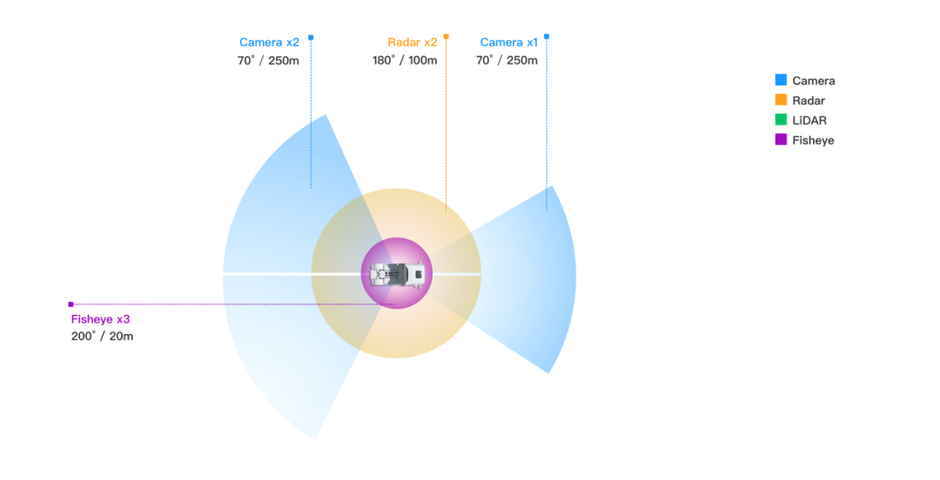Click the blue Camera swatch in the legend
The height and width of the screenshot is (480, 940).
pos(781,80)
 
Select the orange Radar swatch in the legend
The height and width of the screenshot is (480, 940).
pos(781,100)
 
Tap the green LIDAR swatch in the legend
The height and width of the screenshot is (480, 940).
pos(781,120)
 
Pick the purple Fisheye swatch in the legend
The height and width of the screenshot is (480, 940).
pos(781,139)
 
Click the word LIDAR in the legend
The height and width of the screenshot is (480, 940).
pos(809,120)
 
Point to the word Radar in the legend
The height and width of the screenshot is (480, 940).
pos(809,100)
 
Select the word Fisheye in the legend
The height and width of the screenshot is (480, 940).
pos(813,140)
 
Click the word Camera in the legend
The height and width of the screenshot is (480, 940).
pos(814,80)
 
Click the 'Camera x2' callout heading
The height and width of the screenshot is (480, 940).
pos(269,42)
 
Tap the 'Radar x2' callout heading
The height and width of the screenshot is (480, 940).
pos(413,42)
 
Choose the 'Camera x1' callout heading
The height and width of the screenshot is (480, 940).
pos(508,42)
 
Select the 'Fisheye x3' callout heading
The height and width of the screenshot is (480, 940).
pos(100,319)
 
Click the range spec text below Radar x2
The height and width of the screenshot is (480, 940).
pos(405,61)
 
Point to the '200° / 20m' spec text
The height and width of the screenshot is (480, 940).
pos(102,336)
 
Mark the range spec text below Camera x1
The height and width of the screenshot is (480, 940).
pos(507,61)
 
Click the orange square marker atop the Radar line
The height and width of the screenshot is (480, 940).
pos(446,37)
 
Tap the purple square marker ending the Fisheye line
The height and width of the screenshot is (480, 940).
pos(70,304)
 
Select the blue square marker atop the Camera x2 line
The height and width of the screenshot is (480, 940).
pos(311,37)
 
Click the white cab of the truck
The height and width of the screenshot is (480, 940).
pos(416,274)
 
